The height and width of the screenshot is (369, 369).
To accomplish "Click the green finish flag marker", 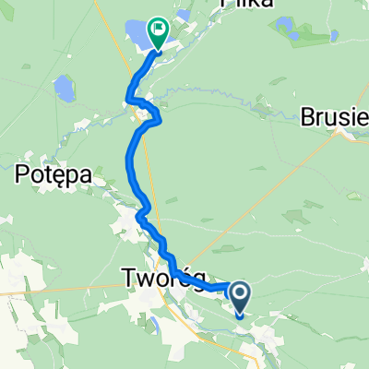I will tap(158, 34).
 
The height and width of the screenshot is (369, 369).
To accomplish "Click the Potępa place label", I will tap(51, 173).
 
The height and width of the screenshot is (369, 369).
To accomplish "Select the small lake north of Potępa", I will tap(63, 89).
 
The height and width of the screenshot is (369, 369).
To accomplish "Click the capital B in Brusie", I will tap(307, 117).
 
